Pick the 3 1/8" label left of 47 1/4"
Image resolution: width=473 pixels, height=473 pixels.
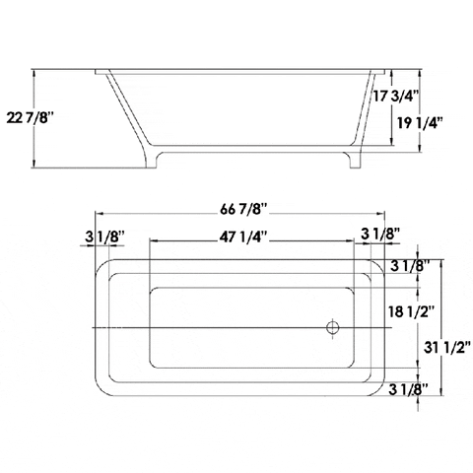click(x=104, y=236)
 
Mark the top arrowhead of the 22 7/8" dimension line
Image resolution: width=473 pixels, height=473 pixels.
click(x=35, y=72)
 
